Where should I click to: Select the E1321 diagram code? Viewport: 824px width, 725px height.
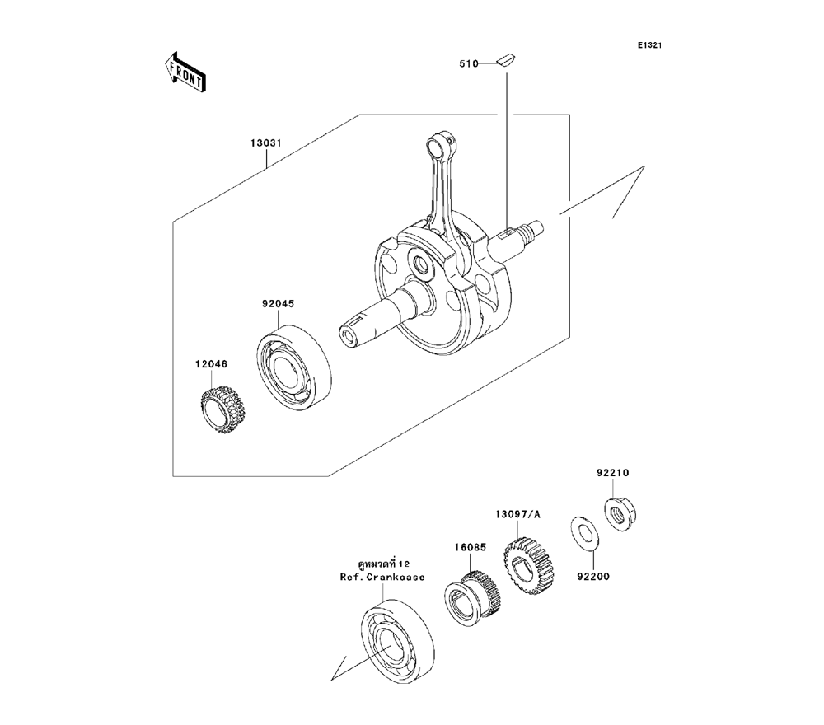coord(648,45)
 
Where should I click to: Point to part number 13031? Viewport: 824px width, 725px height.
coord(267,143)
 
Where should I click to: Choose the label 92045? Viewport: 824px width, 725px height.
coord(278,303)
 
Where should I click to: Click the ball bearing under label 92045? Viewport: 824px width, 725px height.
coord(292,367)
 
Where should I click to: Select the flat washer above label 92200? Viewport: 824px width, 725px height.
coord(585,533)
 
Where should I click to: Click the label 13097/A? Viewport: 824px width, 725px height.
coord(518,514)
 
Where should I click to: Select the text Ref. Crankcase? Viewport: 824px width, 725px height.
coord(383,577)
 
